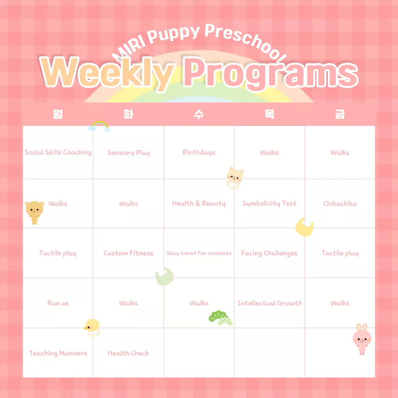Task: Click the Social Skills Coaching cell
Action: (58, 152)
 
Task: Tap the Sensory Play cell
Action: (128, 153)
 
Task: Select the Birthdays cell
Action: (199, 152)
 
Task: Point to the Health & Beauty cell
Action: (199, 203)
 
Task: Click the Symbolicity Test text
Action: (269, 203)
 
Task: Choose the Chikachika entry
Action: (340, 204)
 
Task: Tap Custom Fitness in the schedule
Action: (128, 253)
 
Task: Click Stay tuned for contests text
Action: (199, 253)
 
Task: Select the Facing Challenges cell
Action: (269, 253)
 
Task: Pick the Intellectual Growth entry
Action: (270, 303)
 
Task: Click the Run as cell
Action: (58, 303)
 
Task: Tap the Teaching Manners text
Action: (58, 353)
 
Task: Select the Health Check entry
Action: (128, 353)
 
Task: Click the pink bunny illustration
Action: (362, 339)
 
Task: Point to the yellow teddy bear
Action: (34, 211)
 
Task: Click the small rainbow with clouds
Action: (99, 126)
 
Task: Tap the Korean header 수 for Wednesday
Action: (199, 114)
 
